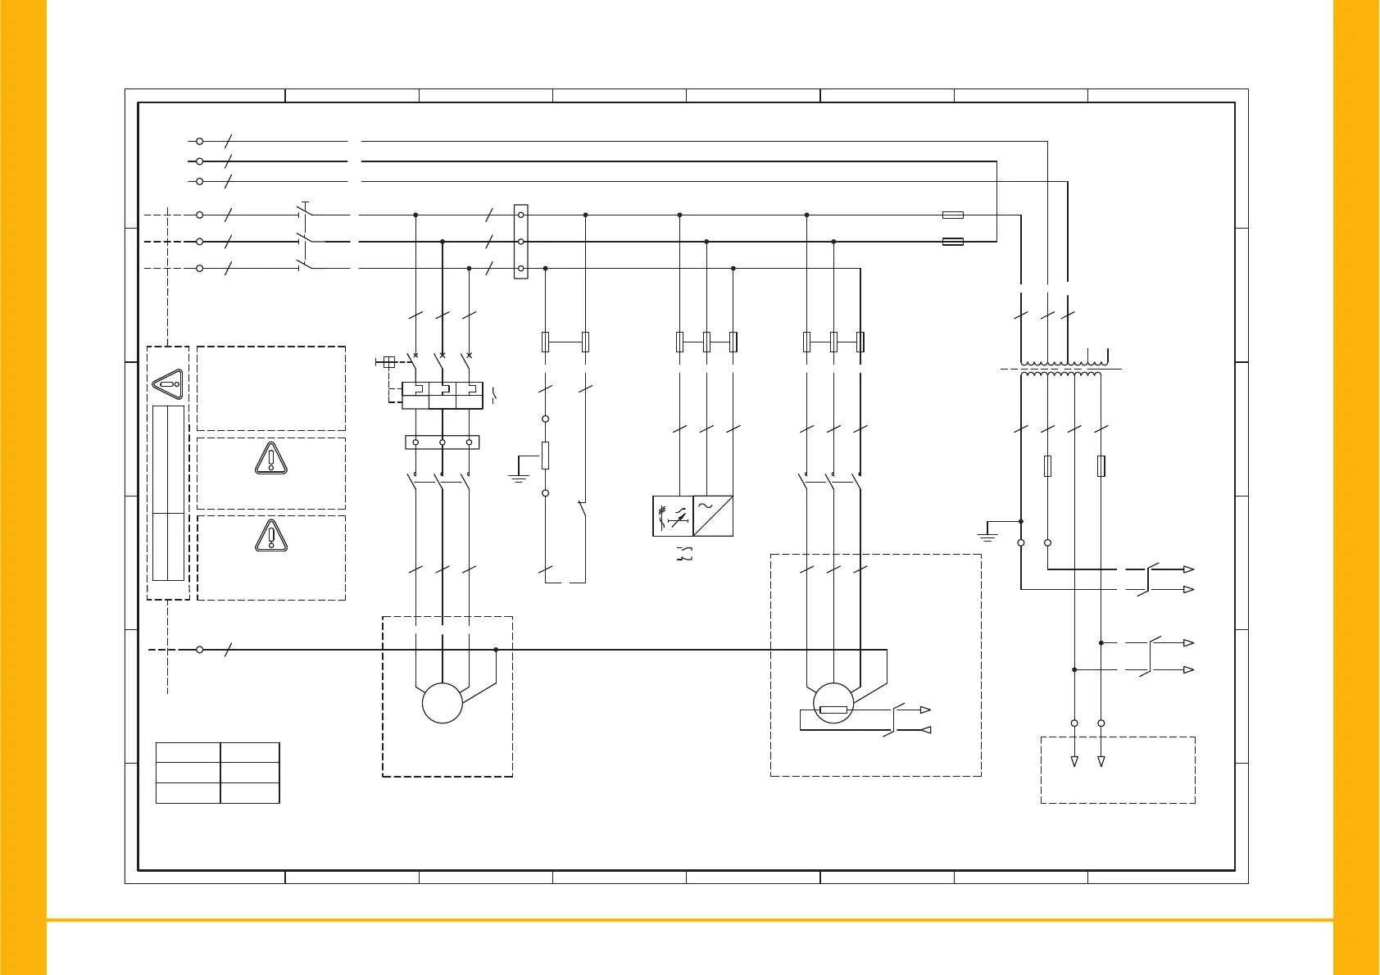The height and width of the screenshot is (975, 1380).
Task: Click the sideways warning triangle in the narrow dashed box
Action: click(x=168, y=383)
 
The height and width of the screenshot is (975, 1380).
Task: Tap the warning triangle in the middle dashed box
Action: click(x=270, y=459)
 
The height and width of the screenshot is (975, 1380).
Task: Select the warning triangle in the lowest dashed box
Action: click(x=270, y=537)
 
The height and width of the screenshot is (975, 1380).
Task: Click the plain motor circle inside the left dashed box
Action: click(x=443, y=703)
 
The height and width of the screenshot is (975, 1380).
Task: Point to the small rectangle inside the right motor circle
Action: click(x=833, y=710)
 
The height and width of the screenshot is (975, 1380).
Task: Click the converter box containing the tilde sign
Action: click(x=713, y=515)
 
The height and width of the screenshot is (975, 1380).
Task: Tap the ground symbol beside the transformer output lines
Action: click(x=987, y=537)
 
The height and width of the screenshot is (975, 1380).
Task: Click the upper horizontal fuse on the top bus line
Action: click(x=952, y=215)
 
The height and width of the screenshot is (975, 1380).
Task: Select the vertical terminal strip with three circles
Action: click(x=520, y=242)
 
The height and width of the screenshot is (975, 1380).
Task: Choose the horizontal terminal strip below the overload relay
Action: click(x=443, y=442)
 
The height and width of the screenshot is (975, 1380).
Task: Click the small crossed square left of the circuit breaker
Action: click(x=389, y=361)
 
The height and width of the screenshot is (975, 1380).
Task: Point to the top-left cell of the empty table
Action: click(x=188, y=752)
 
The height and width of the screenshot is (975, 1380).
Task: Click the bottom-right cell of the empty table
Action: click(x=250, y=792)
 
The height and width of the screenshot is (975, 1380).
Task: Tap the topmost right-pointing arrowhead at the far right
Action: click(x=1188, y=569)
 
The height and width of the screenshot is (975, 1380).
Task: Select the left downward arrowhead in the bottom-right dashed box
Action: click(x=1074, y=761)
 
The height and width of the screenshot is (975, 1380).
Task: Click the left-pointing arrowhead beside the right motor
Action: click(x=926, y=729)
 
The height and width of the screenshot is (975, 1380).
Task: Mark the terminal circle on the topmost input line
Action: click(x=199, y=142)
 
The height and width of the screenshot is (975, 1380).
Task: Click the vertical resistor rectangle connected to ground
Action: click(x=545, y=456)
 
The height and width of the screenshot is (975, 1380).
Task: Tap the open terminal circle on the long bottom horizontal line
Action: click(x=200, y=650)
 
